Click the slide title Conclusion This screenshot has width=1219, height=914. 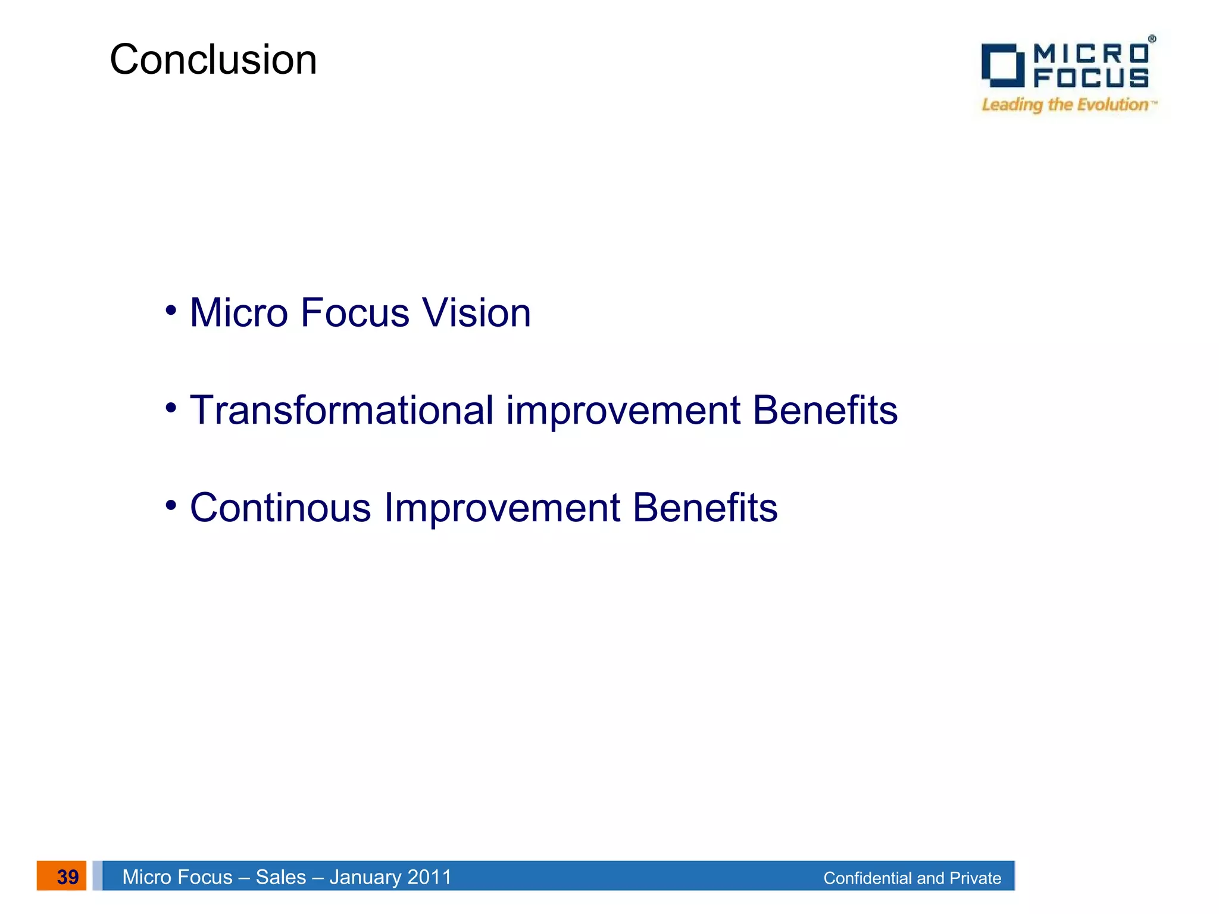[x=213, y=60]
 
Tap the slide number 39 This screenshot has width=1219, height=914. [x=67, y=877]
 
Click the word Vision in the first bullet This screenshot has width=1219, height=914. [x=476, y=313]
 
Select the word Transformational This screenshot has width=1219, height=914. [x=341, y=411]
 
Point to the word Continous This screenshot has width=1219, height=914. [x=280, y=508]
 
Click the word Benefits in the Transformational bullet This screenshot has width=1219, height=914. [x=824, y=411]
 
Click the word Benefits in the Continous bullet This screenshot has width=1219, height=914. [x=705, y=508]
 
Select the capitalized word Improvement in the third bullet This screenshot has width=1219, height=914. [x=502, y=508]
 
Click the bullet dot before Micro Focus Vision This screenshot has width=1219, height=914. [x=171, y=311]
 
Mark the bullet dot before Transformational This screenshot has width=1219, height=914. [x=171, y=408]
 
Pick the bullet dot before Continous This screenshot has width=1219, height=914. [x=171, y=506]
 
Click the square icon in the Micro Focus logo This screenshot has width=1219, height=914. [x=1002, y=65]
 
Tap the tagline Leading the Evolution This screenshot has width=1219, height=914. [x=1065, y=105]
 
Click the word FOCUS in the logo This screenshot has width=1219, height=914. [x=1090, y=78]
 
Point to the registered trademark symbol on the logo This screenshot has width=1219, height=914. [x=1152, y=39]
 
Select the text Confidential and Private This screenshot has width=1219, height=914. [x=912, y=878]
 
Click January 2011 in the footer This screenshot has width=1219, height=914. [x=390, y=877]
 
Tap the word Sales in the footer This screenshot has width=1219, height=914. [x=280, y=877]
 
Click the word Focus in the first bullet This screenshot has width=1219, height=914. [x=355, y=313]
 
